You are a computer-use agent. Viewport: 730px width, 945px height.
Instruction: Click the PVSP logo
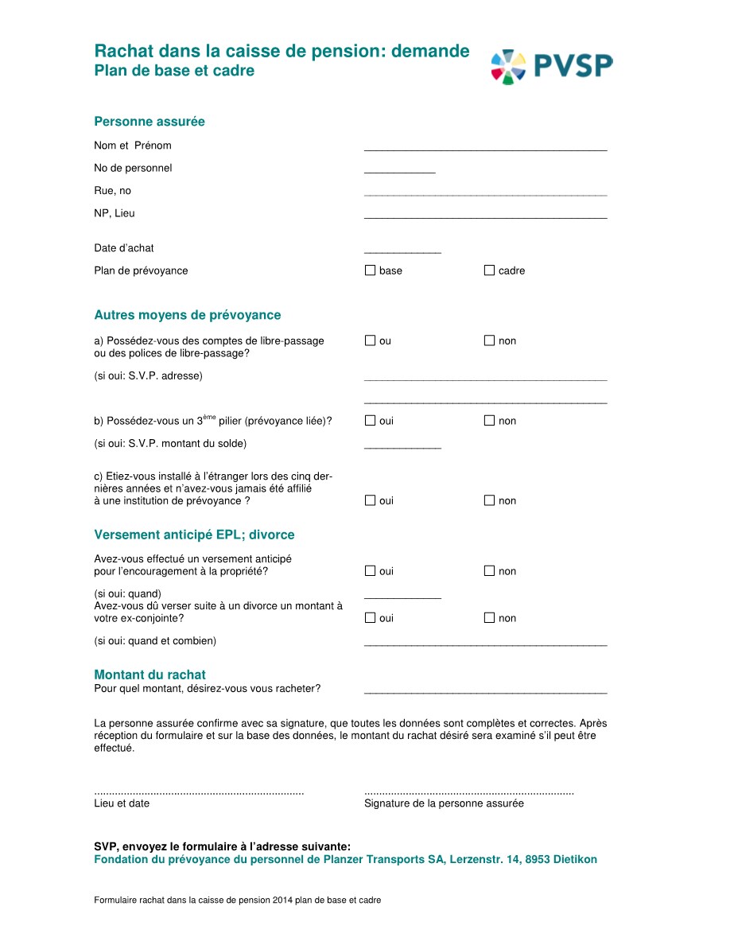point(552,66)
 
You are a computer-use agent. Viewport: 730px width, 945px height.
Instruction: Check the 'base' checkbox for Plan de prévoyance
point(370,270)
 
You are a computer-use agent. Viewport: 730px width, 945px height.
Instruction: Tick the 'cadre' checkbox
point(489,270)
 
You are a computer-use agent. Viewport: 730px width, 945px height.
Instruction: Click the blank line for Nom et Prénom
point(485,147)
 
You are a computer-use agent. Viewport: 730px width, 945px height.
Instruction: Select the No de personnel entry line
point(399,169)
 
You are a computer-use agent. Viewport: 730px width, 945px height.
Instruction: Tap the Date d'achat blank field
point(402,250)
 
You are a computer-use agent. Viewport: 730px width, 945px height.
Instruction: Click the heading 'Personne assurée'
point(149,122)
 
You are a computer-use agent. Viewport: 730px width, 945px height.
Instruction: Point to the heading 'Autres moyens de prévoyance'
point(188,315)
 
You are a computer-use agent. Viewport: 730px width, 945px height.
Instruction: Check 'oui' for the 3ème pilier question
point(370,421)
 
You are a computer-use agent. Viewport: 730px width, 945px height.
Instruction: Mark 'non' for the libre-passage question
point(489,340)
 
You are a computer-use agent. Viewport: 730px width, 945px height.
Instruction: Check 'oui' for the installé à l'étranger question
point(370,500)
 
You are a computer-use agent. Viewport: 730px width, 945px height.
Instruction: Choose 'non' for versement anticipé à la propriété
point(489,571)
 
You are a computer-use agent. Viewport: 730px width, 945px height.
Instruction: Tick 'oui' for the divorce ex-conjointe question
point(370,618)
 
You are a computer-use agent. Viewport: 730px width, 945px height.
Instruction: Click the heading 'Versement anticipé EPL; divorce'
point(194,535)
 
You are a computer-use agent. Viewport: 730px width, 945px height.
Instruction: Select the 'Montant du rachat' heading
point(149,675)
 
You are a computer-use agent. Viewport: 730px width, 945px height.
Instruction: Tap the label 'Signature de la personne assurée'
point(444,803)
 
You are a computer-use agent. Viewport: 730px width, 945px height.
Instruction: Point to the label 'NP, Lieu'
point(115,213)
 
